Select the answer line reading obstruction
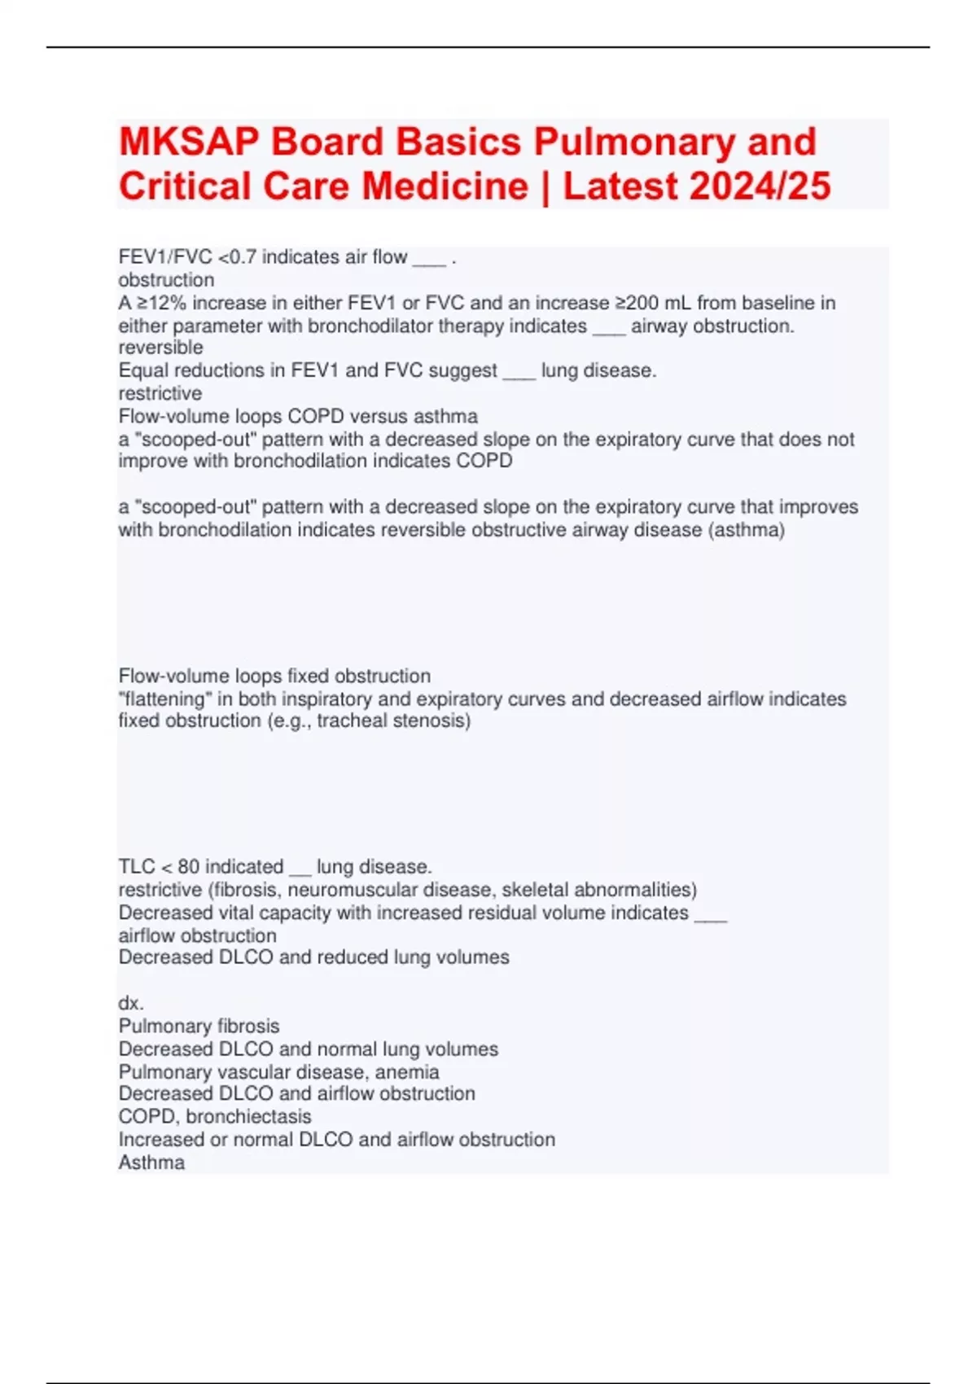tap(166, 280)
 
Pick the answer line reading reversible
tap(160, 348)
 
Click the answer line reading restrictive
tap(160, 393)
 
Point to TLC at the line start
tap(136, 866)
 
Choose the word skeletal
tap(536, 889)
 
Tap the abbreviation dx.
tap(130, 1003)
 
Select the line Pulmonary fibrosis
tap(199, 1026)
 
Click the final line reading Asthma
tap(151, 1163)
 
